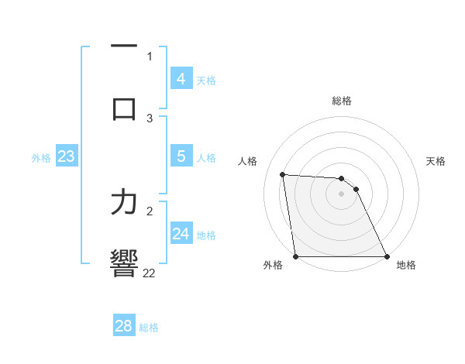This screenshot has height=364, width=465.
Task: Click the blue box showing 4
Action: pos(181,79)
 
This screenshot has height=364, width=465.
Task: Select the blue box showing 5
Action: pos(181,156)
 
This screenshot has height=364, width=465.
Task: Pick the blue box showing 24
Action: pos(181,234)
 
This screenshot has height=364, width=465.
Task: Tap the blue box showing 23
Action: pos(66,156)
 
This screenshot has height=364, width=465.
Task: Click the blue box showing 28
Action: pos(124,326)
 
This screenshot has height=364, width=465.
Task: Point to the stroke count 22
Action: pos(149,273)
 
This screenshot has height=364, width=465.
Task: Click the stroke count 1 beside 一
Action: pos(150,56)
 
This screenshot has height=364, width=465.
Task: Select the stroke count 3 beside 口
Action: pos(150,118)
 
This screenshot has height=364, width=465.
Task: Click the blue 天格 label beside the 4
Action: pos(206,81)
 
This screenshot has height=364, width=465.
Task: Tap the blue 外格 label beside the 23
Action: pos(41,158)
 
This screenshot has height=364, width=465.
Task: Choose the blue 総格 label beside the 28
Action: pos(149,328)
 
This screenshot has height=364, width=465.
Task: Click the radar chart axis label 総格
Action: pos(342,101)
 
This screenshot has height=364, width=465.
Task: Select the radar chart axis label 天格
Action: pos(436,161)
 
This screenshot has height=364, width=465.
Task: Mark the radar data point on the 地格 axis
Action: pos(386,256)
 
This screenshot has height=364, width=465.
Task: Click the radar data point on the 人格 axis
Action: pos(283,174)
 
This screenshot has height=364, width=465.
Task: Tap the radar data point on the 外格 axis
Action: pos(296,256)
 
